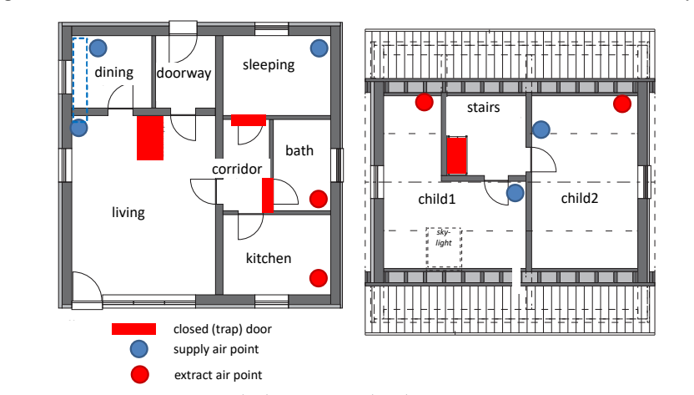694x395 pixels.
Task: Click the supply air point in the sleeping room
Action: (x=319, y=48)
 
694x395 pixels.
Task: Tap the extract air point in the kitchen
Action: (x=319, y=278)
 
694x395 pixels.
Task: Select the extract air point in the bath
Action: (x=319, y=199)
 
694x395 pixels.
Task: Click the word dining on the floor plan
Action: (x=113, y=73)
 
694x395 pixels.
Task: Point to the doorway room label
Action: (x=184, y=73)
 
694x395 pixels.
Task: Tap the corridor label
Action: (x=237, y=169)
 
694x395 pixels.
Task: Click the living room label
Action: (x=128, y=213)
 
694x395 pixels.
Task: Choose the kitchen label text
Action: (x=269, y=258)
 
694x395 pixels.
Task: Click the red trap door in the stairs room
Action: (x=457, y=155)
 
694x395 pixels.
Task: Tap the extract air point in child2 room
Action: (x=622, y=104)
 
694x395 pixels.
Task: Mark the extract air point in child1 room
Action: (x=424, y=102)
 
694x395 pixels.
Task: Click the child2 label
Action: (x=580, y=198)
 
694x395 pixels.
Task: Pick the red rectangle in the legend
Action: (x=133, y=329)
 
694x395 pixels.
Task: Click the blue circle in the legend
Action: (x=139, y=349)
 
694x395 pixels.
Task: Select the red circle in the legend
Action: (x=140, y=375)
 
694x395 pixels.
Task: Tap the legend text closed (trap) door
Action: (x=222, y=329)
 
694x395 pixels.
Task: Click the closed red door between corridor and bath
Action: (x=268, y=195)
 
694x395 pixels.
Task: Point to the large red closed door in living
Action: (x=150, y=138)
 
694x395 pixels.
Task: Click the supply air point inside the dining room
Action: (x=98, y=48)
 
